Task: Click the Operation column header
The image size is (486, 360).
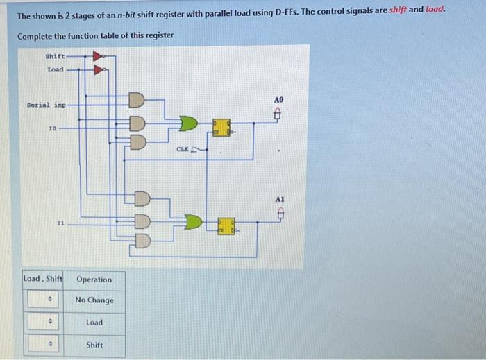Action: point(94,280)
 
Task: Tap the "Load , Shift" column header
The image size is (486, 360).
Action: point(43,280)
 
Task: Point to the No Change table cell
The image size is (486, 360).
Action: point(94,300)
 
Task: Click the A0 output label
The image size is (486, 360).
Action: point(280,101)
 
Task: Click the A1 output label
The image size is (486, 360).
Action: point(280,198)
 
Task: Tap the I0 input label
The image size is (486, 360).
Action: point(53,129)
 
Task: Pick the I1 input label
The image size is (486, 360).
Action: point(61,223)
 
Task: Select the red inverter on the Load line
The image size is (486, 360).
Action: point(99,69)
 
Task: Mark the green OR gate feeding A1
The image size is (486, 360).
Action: point(192,222)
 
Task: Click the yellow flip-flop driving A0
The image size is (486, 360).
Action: point(221,128)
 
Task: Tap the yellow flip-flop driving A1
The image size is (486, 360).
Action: point(226,225)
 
